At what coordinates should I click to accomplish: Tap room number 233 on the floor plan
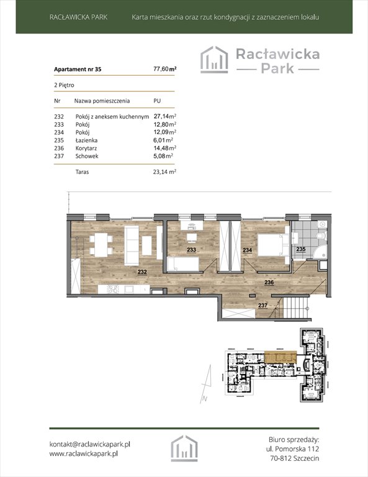pos(192,250)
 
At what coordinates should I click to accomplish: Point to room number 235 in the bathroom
pos(300,249)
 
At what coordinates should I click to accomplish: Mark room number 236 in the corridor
pos(270,282)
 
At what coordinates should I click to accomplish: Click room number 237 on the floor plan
pos(263,304)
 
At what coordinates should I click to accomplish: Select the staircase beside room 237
pos(294,309)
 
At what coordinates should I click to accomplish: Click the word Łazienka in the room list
pos(87,140)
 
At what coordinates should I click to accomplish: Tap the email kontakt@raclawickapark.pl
pos(89,444)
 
